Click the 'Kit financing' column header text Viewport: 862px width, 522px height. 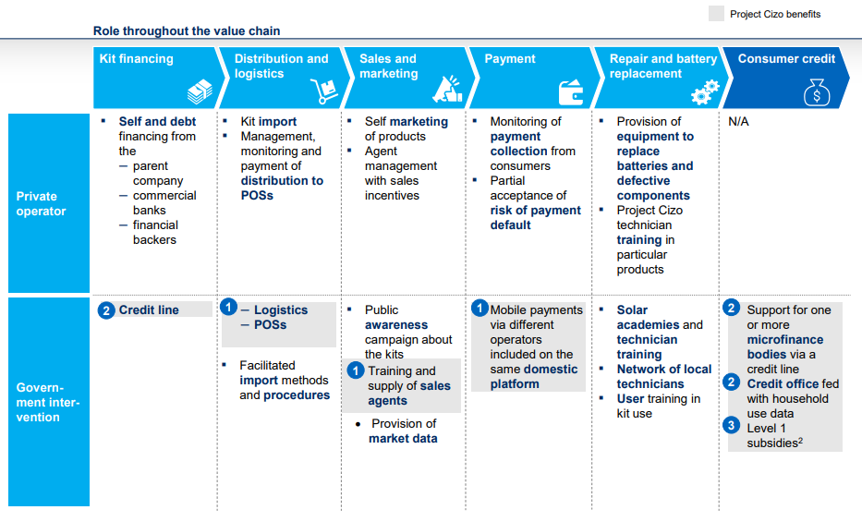coord(136,59)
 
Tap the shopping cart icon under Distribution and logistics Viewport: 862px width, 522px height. coord(324,91)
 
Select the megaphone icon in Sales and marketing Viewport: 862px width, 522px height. coord(447,89)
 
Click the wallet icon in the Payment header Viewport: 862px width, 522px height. coord(571,91)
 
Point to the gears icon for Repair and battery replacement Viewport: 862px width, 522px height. coord(705,91)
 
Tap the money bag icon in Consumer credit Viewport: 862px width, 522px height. coord(817,92)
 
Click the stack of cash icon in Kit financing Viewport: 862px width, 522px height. coord(200,91)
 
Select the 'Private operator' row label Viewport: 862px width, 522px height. coord(41,204)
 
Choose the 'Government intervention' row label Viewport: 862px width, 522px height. coord(48,402)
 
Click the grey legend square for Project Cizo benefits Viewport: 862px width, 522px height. coord(716,14)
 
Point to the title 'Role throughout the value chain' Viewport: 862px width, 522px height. coord(187,30)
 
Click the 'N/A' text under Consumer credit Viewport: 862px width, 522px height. coord(738,121)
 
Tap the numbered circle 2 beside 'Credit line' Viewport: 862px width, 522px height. coord(106,310)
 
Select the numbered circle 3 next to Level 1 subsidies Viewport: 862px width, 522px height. coord(731,425)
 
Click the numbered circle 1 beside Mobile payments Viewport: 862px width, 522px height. coord(480,308)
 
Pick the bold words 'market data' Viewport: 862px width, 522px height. coord(403,439)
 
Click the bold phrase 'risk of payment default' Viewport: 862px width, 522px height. coord(536,218)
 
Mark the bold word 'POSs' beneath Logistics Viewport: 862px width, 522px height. coord(270,324)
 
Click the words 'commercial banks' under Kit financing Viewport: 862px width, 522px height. coord(164,202)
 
